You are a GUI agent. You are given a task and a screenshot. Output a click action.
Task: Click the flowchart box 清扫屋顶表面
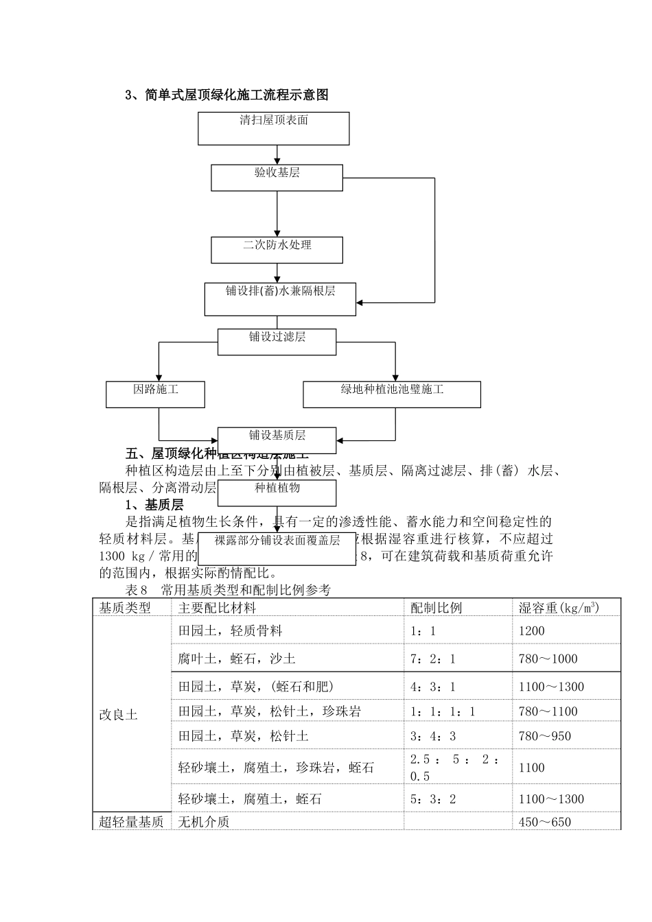(273, 128)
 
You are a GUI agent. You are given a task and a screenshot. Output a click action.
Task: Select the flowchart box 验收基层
(277, 177)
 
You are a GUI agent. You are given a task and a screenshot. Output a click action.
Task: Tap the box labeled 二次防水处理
(277, 250)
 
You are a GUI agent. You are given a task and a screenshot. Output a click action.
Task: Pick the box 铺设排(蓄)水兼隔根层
(280, 298)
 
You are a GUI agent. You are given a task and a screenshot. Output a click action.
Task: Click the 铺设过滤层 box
(277, 342)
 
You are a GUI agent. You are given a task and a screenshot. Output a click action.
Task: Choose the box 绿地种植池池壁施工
(392, 394)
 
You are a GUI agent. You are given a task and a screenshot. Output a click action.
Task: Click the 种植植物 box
(277, 493)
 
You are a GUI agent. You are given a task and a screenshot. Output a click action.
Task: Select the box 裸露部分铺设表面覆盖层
(277, 547)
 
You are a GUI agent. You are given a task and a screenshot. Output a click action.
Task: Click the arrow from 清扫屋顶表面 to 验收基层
(277, 154)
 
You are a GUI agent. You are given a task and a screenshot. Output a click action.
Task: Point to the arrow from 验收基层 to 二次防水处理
(277, 213)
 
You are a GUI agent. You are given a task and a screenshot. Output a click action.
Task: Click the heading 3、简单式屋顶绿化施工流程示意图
(226, 95)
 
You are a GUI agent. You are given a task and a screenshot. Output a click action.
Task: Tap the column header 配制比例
(436, 608)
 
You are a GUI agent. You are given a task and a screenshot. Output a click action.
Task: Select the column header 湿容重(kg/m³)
(559, 608)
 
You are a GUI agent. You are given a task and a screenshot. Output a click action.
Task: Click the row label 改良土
(119, 716)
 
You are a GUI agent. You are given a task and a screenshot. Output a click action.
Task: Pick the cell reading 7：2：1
(432, 659)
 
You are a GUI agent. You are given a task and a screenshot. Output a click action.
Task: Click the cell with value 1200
(532, 631)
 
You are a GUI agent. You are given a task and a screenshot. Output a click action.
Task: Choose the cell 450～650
(545, 822)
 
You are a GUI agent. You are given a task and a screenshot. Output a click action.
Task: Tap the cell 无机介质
(204, 822)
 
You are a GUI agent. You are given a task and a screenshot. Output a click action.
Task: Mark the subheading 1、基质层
(155, 505)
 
